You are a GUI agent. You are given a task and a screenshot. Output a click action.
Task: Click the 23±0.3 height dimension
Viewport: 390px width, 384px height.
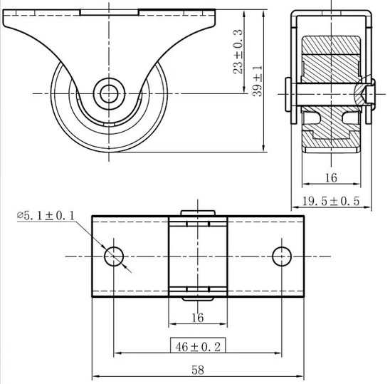coord(238,51)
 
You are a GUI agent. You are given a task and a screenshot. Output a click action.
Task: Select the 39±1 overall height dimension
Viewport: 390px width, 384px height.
coord(258,81)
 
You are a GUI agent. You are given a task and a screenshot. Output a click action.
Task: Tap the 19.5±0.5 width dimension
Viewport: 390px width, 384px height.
coord(331,201)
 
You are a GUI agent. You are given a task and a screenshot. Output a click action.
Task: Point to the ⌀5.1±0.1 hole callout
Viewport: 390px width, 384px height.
coord(46,216)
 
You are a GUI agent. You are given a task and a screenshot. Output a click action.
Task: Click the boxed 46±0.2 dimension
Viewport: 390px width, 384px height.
coord(198,346)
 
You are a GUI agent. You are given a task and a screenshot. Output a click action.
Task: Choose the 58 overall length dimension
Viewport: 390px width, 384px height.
coord(198,370)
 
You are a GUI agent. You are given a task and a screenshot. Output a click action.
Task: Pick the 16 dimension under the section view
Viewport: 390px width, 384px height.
coord(331,178)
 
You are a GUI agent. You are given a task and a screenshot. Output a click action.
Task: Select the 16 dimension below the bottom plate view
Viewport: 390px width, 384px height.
coord(198,318)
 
